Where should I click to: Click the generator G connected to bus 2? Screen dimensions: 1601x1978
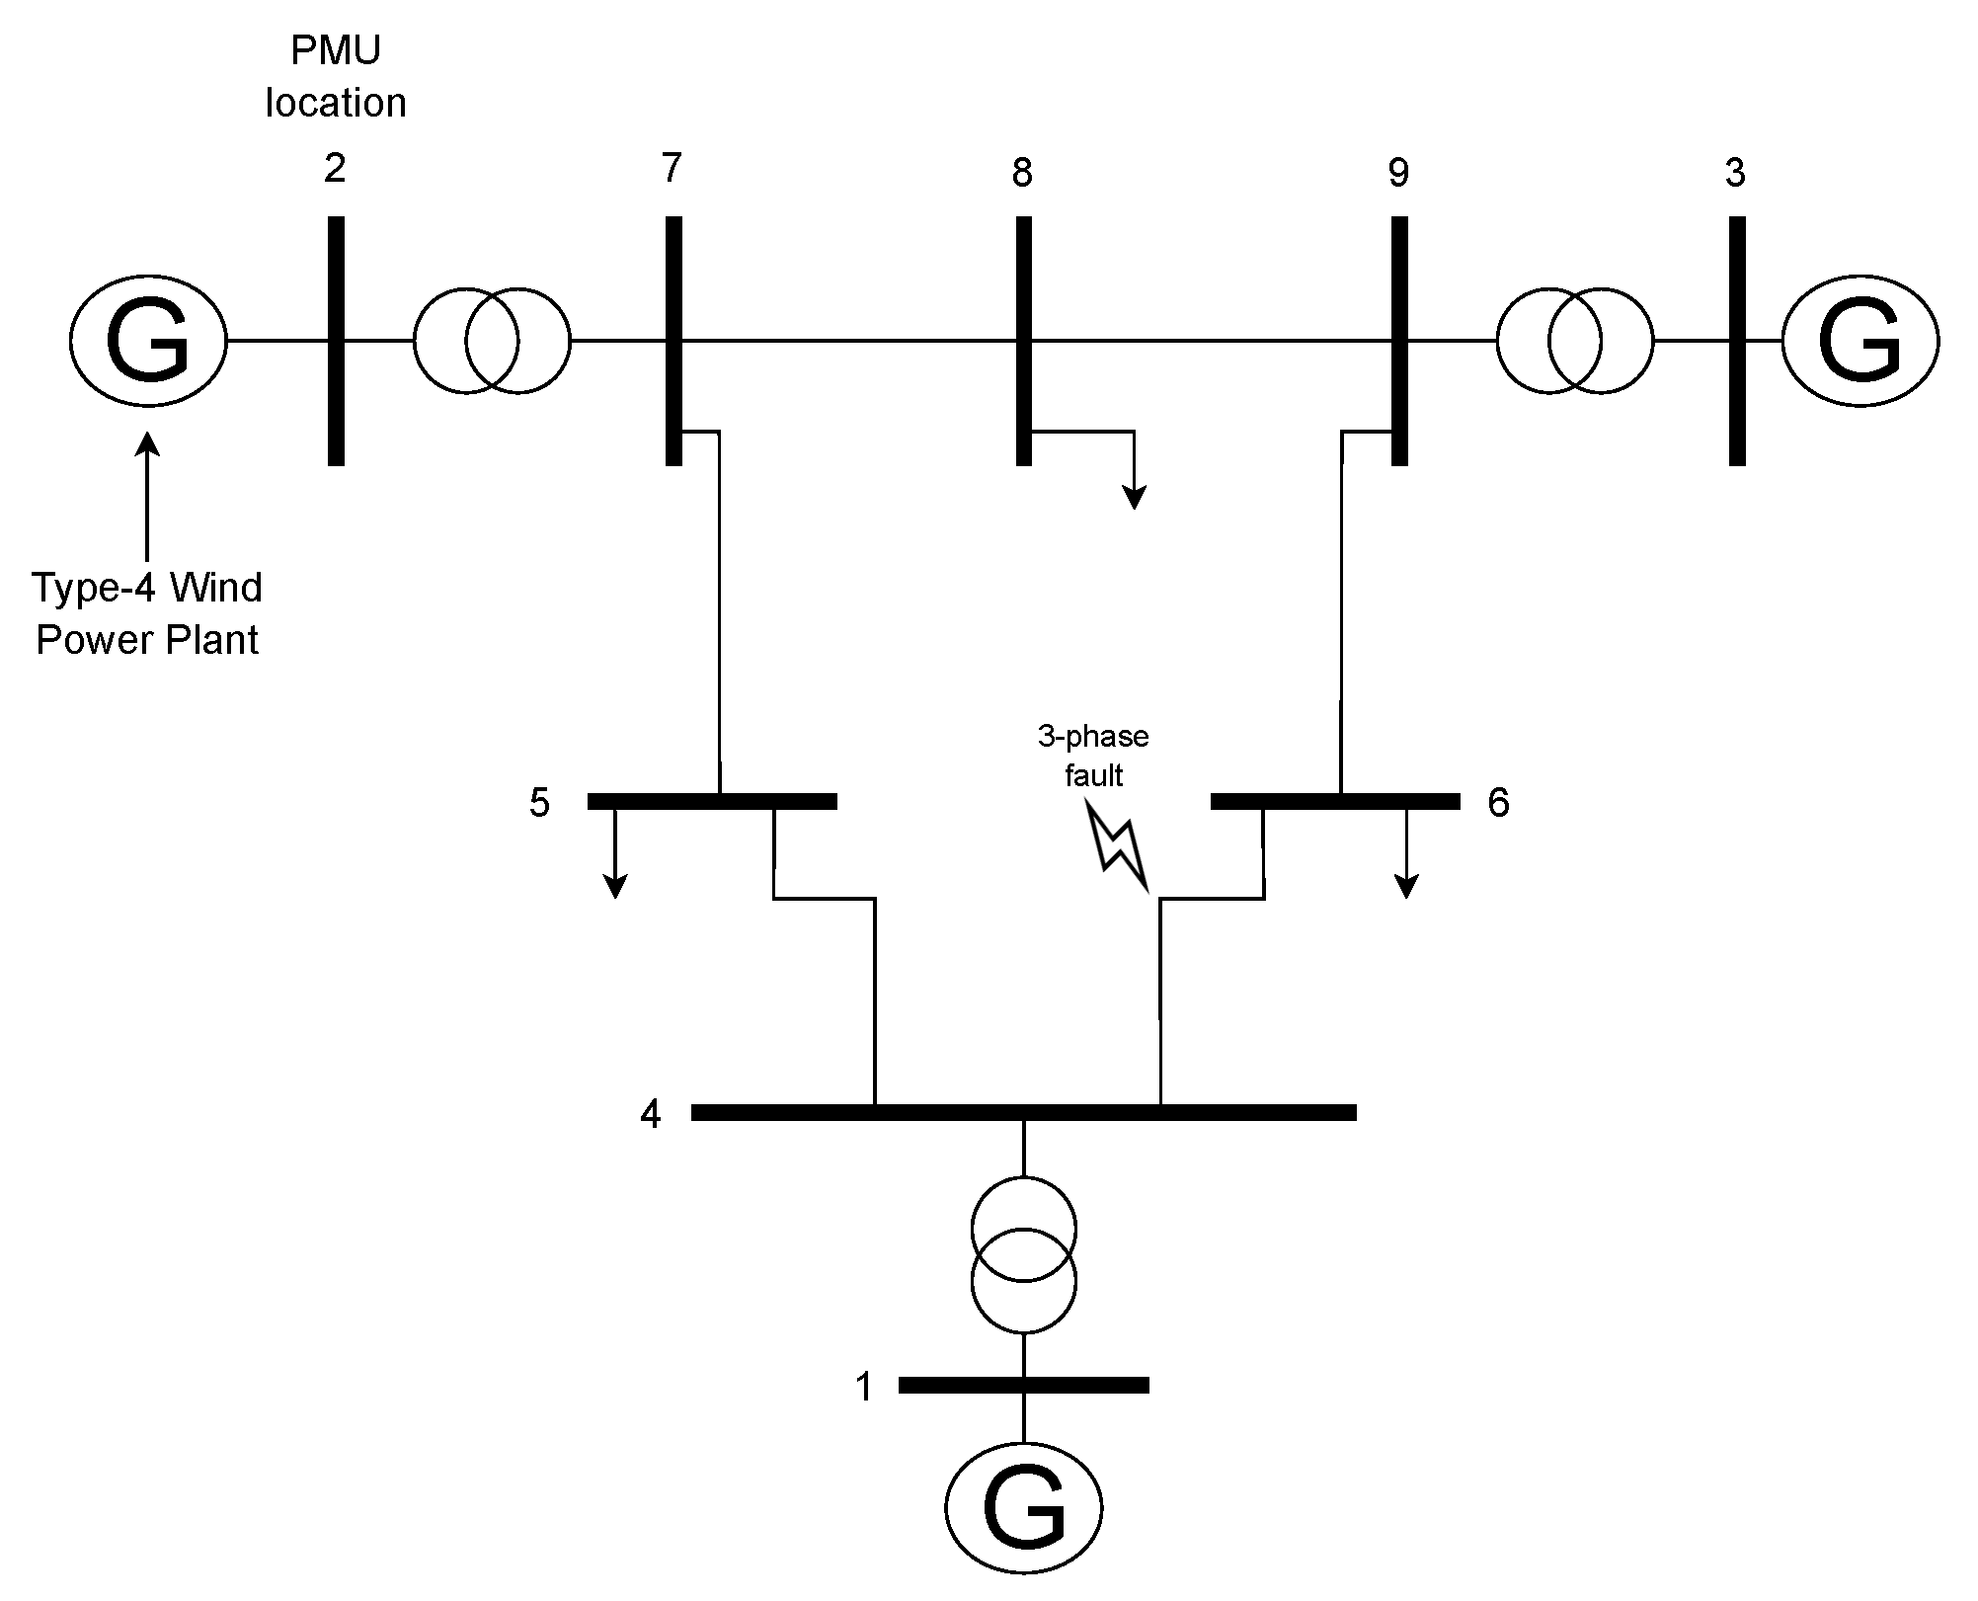point(148,341)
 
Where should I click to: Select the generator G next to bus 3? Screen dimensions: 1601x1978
point(1860,341)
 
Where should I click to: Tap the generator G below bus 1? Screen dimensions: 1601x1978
point(1024,1506)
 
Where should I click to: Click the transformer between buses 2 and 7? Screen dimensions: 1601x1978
point(492,341)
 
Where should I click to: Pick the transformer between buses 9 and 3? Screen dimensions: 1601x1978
point(1574,341)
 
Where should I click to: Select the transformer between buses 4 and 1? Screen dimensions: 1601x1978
point(1024,1255)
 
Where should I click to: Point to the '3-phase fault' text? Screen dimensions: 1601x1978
point(1093,756)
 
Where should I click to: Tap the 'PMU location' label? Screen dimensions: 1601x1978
point(336,77)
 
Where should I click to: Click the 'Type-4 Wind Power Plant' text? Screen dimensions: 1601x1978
point(148,613)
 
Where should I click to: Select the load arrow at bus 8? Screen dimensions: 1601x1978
point(1135,474)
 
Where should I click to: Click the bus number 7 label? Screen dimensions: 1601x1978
point(672,169)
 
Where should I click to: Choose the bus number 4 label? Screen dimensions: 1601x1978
point(650,1114)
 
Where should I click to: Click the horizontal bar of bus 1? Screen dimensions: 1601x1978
point(1024,1385)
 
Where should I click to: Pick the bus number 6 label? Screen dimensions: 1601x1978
point(1498,803)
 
